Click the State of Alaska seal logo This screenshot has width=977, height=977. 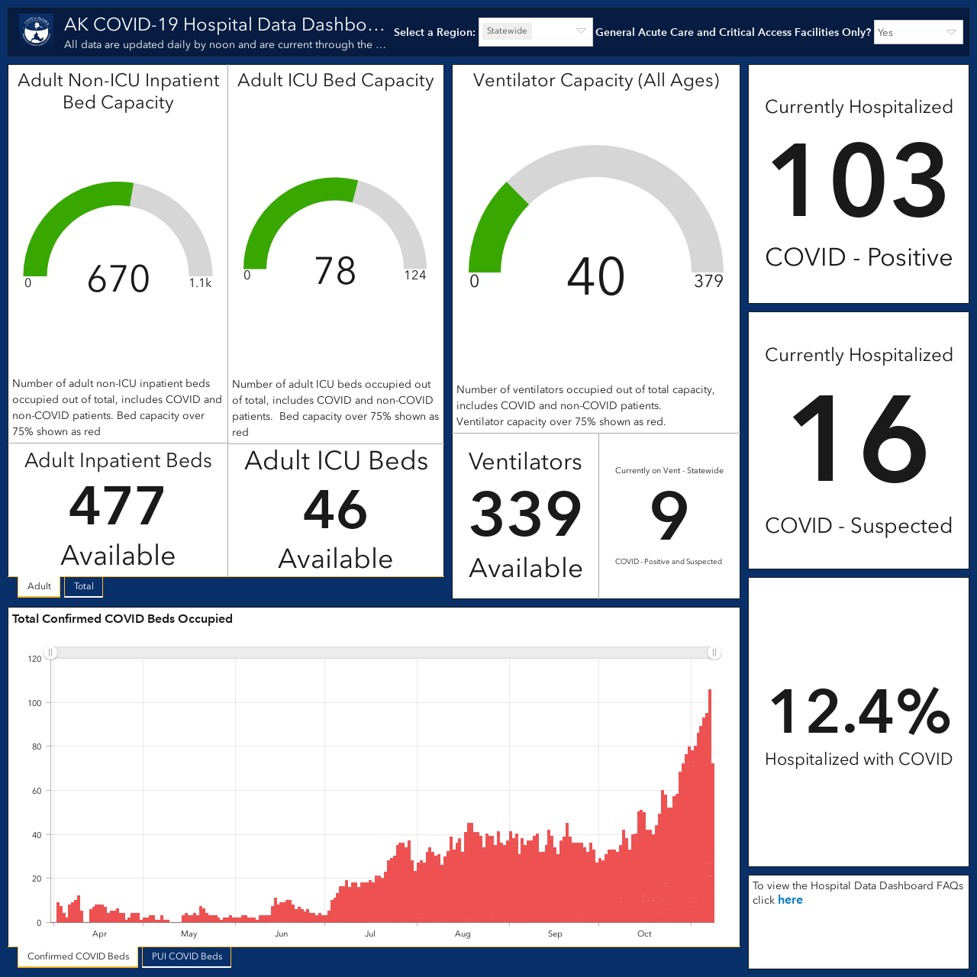pos(36,31)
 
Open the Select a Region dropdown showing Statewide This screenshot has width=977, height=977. pos(535,31)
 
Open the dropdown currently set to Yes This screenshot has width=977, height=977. pos(918,33)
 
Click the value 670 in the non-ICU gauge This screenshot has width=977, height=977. pos(118,279)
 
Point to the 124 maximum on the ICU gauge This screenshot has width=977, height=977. pos(414,276)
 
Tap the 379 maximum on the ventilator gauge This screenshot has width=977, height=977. pos(708,281)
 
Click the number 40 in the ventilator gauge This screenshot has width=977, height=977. pos(595,276)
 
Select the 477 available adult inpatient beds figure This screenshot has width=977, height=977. pos(117,505)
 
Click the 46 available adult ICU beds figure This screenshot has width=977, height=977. pos(335,510)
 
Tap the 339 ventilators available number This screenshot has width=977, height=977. pos(525,514)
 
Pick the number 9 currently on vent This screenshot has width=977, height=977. pos(669,516)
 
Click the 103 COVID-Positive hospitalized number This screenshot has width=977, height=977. pos(859,180)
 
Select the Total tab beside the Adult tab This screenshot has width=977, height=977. pos(84,586)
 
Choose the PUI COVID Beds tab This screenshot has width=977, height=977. pos(186,956)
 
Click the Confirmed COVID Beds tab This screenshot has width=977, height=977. pos(78,956)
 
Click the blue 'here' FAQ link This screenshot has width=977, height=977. pos(790,900)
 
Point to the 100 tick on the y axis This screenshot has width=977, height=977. pos(34,703)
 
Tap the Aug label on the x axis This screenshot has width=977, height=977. pos(463,933)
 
